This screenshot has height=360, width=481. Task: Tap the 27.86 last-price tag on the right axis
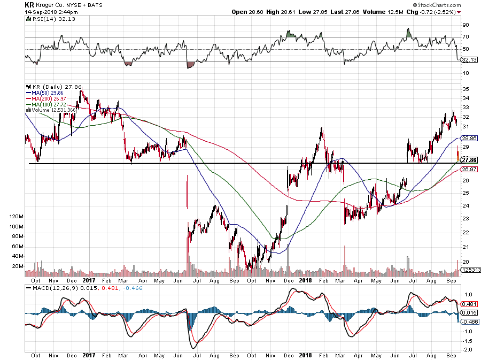[x=469, y=160]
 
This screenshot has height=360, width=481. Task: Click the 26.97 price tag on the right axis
[x=469, y=169]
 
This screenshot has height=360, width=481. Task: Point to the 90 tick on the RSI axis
[x=465, y=25]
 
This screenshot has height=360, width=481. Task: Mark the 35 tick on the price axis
[x=466, y=89]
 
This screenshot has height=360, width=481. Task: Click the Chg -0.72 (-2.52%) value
[x=432, y=11]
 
